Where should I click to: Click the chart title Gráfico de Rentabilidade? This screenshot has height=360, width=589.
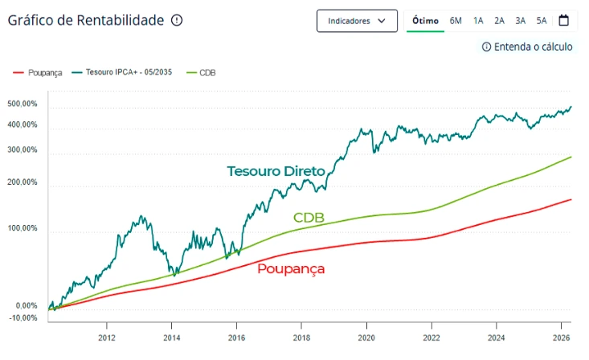84,20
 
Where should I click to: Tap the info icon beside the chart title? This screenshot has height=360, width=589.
177,20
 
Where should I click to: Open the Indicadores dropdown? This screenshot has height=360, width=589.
357,21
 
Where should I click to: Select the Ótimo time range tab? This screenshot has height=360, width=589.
425,21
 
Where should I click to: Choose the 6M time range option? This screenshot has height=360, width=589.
456,21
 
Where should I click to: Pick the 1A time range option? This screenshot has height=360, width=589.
478,21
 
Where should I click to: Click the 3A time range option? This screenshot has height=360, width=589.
521,21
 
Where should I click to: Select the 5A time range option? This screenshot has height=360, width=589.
542,21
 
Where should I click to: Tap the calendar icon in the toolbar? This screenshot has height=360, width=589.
563,20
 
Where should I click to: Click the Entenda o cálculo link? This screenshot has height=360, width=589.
527,47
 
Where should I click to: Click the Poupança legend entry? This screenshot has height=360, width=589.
38,73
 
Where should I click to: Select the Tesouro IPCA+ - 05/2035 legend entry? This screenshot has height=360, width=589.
122,73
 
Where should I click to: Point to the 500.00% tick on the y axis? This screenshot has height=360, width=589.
22,104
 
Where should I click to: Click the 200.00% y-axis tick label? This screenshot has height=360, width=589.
22,182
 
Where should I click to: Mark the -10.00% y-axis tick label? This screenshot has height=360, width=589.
22,318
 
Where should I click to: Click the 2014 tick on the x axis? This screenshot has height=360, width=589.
171,337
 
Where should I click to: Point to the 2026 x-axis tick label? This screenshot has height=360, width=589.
561,337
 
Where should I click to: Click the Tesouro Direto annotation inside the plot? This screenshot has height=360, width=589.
276,171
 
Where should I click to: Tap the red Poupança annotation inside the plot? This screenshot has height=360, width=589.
291,268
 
